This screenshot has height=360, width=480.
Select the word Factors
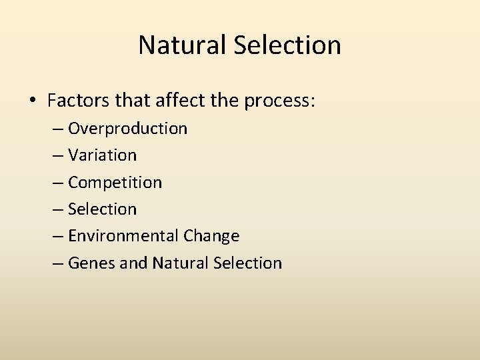[77, 101]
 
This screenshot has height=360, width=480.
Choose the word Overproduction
[127, 129]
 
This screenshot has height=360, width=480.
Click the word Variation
[102, 155]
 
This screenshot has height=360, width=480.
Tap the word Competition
[115, 183]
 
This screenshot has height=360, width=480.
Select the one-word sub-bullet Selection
[102, 209]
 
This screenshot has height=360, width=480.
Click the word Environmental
[123, 236]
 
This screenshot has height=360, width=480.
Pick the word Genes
[91, 263]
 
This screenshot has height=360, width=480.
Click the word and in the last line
[133, 263]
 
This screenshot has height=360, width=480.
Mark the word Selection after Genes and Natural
[247, 263]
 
